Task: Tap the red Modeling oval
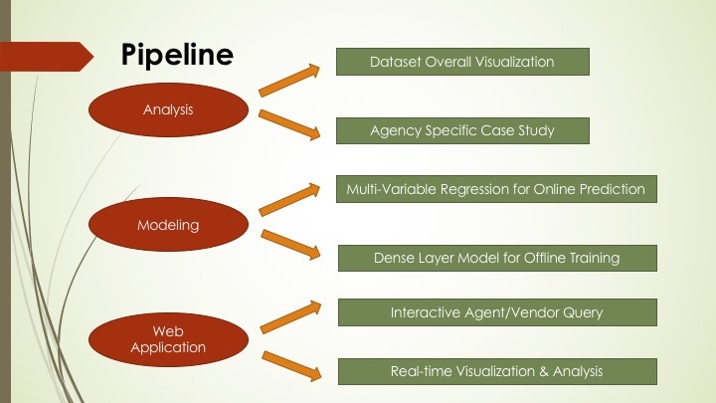168,225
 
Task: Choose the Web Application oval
168,339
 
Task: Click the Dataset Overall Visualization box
462,62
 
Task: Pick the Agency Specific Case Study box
462,130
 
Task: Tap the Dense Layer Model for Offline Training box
497,258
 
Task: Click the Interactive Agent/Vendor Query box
497,312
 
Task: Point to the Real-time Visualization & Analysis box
497,371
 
